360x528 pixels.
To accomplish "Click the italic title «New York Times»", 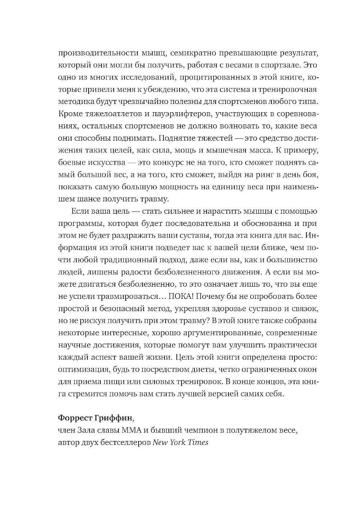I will [180, 442].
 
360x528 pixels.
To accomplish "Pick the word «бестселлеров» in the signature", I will [127, 442].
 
